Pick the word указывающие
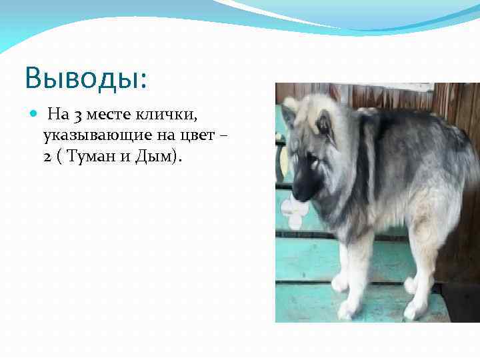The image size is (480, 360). pos(90,137)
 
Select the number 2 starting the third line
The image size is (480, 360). pos(47,158)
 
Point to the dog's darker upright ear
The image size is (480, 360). pos(325,123)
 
